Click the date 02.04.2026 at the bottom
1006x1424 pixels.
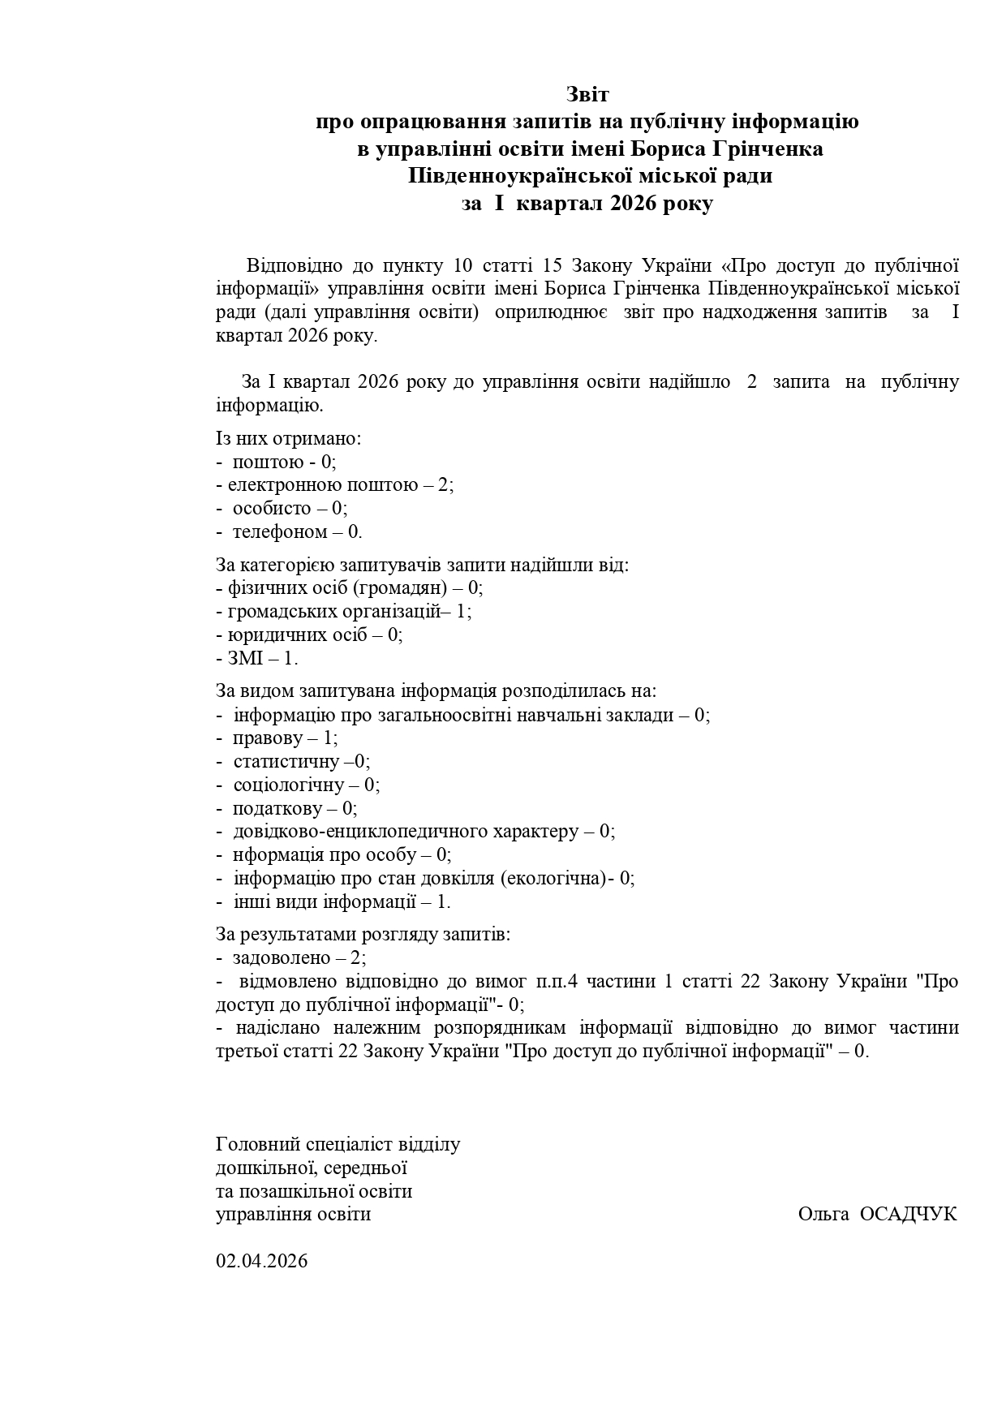(x=261, y=1261)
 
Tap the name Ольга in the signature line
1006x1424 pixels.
(x=823, y=1214)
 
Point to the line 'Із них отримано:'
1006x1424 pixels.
(x=288, y=438)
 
